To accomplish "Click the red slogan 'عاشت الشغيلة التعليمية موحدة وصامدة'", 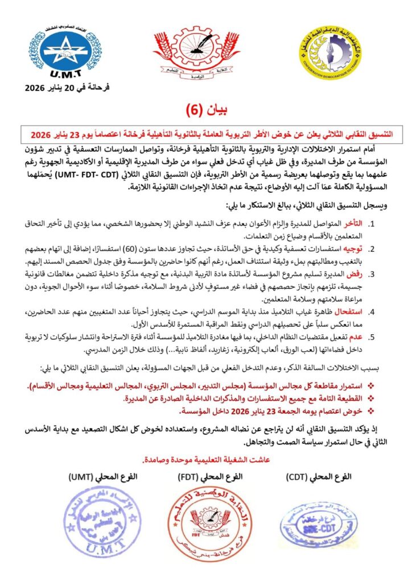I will [x=207, y=459].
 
